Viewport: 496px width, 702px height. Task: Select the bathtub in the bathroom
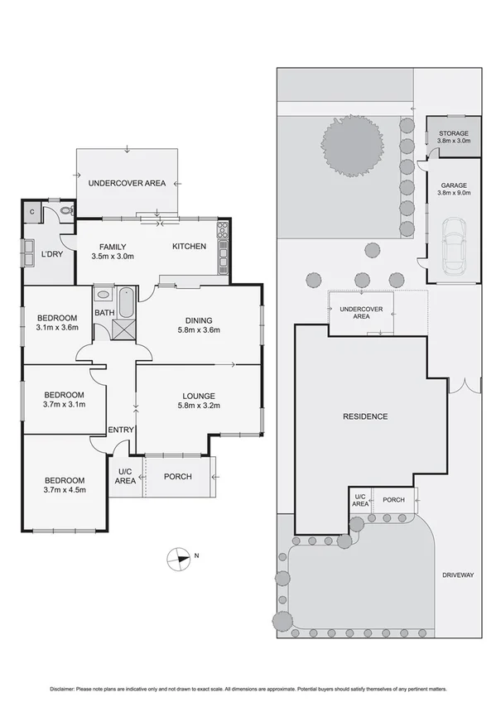[126, 302]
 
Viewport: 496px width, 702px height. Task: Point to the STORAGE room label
[453, 133]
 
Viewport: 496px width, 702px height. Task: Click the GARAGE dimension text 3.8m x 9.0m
[453, 194]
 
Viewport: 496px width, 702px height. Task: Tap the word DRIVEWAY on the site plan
[456, 575]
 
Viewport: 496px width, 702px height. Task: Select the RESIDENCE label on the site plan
[365, 416]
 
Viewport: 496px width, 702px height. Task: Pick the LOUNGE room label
[199, 395]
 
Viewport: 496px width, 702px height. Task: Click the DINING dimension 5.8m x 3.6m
[199, 331]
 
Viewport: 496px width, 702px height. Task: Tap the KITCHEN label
[189, 247]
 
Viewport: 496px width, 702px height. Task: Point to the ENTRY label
[121, 429]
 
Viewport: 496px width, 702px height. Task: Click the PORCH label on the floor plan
[178, 476]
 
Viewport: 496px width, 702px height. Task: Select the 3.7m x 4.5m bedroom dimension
[64, 491]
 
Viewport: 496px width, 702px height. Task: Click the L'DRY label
[52, 254]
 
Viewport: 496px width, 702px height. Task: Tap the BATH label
[104, 313]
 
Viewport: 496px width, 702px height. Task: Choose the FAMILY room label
[113, 247]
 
